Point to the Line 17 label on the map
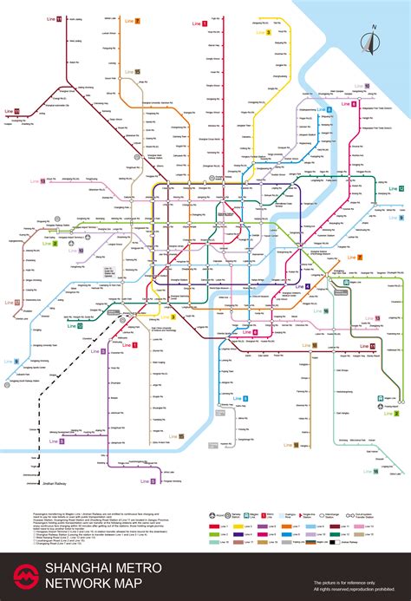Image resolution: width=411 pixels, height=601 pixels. [x=12, y=303]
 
